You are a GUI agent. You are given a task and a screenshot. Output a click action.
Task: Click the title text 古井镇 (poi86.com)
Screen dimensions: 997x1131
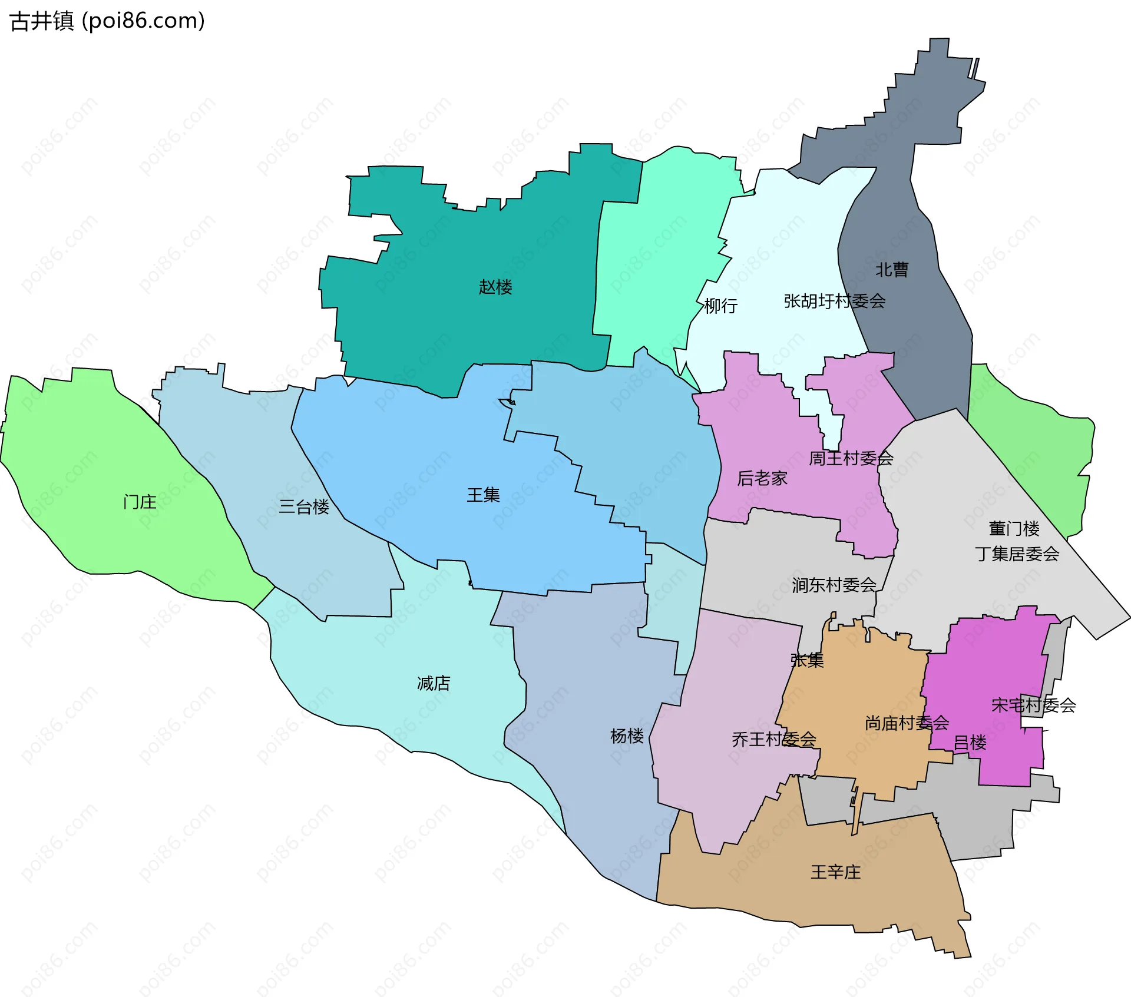click(108, 21)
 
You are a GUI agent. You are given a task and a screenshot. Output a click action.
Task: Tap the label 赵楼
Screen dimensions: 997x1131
click(495, 287)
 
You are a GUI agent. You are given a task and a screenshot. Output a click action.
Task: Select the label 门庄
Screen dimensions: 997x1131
click(140, 502)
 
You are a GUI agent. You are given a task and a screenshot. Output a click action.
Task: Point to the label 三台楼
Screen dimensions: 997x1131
click(304, 506)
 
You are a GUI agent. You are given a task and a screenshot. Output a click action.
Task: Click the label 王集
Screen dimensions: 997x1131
click(483, 495)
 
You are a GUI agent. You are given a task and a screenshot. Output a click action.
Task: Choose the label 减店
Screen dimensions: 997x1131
click(434, 683)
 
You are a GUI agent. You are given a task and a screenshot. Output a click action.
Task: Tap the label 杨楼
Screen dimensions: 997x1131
click(627, 736)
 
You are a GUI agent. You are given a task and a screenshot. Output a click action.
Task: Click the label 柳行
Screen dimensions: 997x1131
click(720, 306)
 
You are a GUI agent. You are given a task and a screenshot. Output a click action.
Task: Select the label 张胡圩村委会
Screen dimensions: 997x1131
click(834, 301)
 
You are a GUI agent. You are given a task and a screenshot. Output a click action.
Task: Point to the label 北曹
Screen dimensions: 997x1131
click(892, 270)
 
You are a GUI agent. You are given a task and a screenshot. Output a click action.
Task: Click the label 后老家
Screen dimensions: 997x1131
click(762, 478)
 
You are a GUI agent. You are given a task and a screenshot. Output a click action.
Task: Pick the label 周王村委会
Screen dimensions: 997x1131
click(851, 458)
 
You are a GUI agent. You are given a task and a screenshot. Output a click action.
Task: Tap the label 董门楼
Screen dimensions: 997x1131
click(1014, 528)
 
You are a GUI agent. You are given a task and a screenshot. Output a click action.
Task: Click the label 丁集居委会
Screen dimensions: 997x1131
click(1017, 554)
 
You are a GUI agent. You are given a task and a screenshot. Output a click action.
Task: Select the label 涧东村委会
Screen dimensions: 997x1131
click(834, 585)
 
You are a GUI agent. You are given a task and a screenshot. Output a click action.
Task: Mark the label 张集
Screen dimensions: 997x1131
click(807, 660)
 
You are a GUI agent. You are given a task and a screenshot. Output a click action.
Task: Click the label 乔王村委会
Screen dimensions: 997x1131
click(773, 739)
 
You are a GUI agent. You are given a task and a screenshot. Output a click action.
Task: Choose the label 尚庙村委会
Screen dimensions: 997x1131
click(907, 723)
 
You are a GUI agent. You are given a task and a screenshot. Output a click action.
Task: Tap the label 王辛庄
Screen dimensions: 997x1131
click(835, 872)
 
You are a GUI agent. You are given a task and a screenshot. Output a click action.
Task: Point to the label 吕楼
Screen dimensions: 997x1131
click(970, 743)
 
